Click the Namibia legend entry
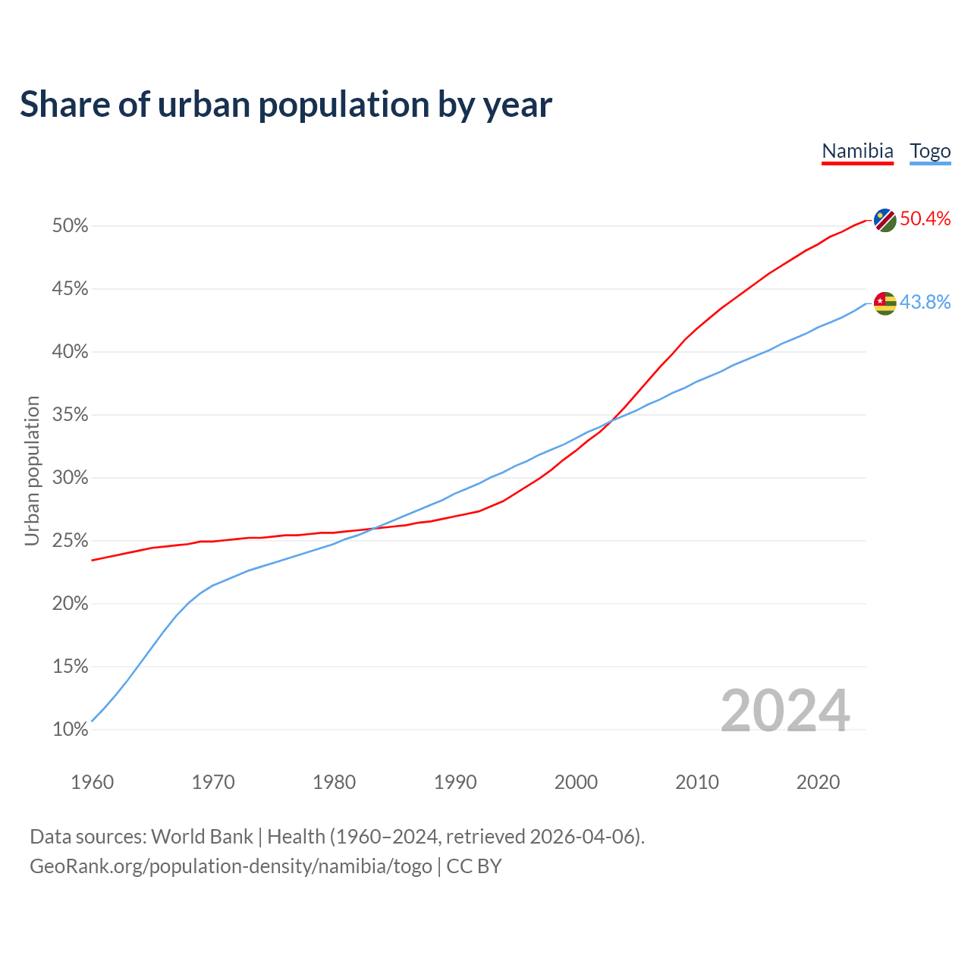(x=857, y=151)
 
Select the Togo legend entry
(x=930, y=151)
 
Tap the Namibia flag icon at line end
(x=885, y=220)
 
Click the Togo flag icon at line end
(x=885, y=303)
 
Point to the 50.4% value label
(x=925, y=219)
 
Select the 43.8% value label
(x=925, y=303)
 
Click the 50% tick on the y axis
(x=71, y=226)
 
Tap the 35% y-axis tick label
(x=71, y=415)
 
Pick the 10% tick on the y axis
(x=71, y=730)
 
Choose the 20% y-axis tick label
(x=71, y=604)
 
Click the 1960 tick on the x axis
(x=92, y=782)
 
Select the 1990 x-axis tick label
(x=455, y=782)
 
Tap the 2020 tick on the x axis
(x=818, y=782)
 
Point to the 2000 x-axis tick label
(x=576, y=782)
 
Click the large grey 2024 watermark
(x=784, y=711)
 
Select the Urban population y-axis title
(x=32, y=470)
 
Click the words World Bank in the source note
(x=202, y=837)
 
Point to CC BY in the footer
(x=474, y=866)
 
